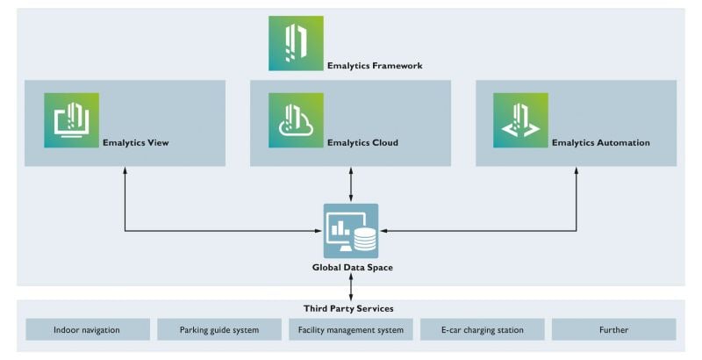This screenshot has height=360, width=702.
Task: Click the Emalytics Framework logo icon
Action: click(x=296, y=43)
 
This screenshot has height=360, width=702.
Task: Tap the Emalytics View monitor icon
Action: click(x=71, y=120)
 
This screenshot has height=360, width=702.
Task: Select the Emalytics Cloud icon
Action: click(x=296, y=120)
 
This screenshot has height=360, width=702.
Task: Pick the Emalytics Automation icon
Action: click(x=520, y=120)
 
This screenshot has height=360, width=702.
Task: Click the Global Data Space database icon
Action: click(x=351, y=231)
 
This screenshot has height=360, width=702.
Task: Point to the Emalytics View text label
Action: click(x=136, y=142)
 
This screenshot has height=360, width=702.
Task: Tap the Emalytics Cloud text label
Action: click(x=362, y=142)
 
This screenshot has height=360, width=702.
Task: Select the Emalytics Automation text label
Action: click(x=600, y=142)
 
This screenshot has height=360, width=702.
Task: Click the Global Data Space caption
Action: click(x=351, y=267)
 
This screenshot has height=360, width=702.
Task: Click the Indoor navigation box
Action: click(x=87, y=330)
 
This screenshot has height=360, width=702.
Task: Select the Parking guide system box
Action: click(x=218, y=330)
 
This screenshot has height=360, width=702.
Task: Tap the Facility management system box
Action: click(x=351, y=330)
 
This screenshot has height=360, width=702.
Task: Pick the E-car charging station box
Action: click(x=483, y=330)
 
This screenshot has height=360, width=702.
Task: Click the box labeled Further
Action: click(x=613, y=330)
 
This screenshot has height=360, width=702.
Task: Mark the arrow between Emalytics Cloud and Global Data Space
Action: click(x=351, y=184)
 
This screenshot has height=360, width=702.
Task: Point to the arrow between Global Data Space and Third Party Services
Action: click(x=351, y=286)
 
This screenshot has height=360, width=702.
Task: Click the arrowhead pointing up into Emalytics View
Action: click(x=125, y=171)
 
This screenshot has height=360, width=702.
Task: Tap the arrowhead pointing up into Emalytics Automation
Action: click(x=577, y=171)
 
